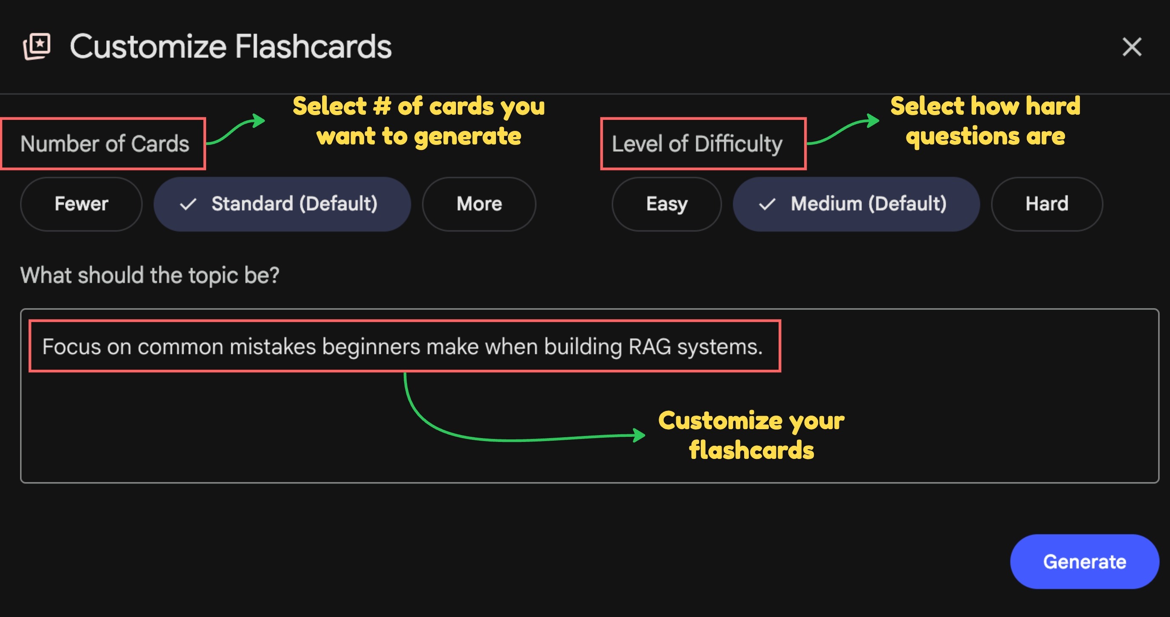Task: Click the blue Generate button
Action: [1084, 562]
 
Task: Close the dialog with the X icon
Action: [1131, 47]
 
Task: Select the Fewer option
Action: [81, 204]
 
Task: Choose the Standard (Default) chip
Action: [282, 204]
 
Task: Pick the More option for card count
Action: [479, 204]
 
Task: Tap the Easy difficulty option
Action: [666, 204]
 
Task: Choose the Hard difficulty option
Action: [1046, 204]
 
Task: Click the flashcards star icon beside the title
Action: [37, 46]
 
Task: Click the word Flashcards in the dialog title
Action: [313, 47]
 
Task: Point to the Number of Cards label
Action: [105, 144]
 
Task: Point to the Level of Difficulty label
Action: [697, 144]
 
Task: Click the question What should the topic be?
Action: [150, 275]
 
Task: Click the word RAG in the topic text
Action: [649, 347]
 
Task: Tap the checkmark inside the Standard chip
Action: [188, 204]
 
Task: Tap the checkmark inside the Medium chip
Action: [767, 204]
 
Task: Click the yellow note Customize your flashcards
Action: [751, 435]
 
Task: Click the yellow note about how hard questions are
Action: [985, 121]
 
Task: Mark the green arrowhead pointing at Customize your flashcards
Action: [640, 435]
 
